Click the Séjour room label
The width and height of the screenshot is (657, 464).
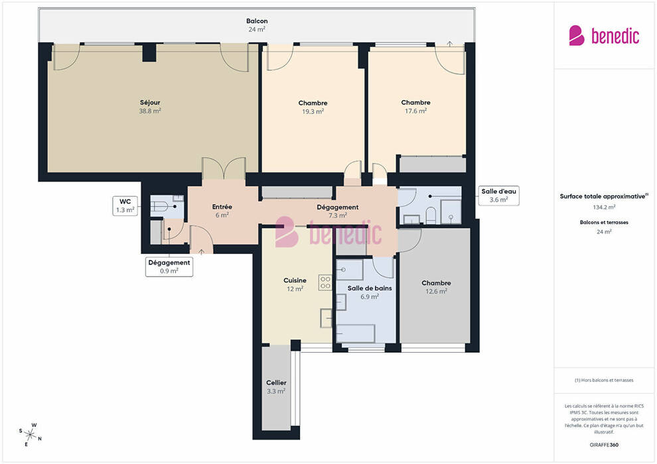coord(150,103)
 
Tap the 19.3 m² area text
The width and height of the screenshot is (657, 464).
coord(313,112)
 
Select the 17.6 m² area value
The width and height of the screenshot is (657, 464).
coord(415,111)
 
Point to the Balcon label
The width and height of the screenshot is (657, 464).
coord(257,21)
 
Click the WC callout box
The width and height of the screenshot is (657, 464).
coord(125,205)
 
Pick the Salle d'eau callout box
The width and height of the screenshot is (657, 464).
coord(498,196)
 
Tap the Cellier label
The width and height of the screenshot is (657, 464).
coord(276,382)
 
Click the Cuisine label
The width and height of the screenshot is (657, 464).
coord(295,280)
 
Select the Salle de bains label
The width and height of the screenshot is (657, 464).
coord(370,288)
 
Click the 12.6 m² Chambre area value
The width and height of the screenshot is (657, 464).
coord(436,291)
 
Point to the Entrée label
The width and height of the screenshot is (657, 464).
coord(222,207)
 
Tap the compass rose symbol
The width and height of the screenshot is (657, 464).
coord(30,435)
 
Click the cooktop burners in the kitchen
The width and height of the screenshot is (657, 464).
coord(325,282)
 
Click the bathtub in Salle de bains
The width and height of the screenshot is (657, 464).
coord(356,333)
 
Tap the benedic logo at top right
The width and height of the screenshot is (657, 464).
coord(604,36)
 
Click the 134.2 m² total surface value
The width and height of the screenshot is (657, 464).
coord(604,207)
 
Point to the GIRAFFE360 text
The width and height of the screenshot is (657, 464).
coord(604,445)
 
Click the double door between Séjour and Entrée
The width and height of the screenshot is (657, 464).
coord(224,168)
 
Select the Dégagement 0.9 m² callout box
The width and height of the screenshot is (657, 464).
coord(169,267)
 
